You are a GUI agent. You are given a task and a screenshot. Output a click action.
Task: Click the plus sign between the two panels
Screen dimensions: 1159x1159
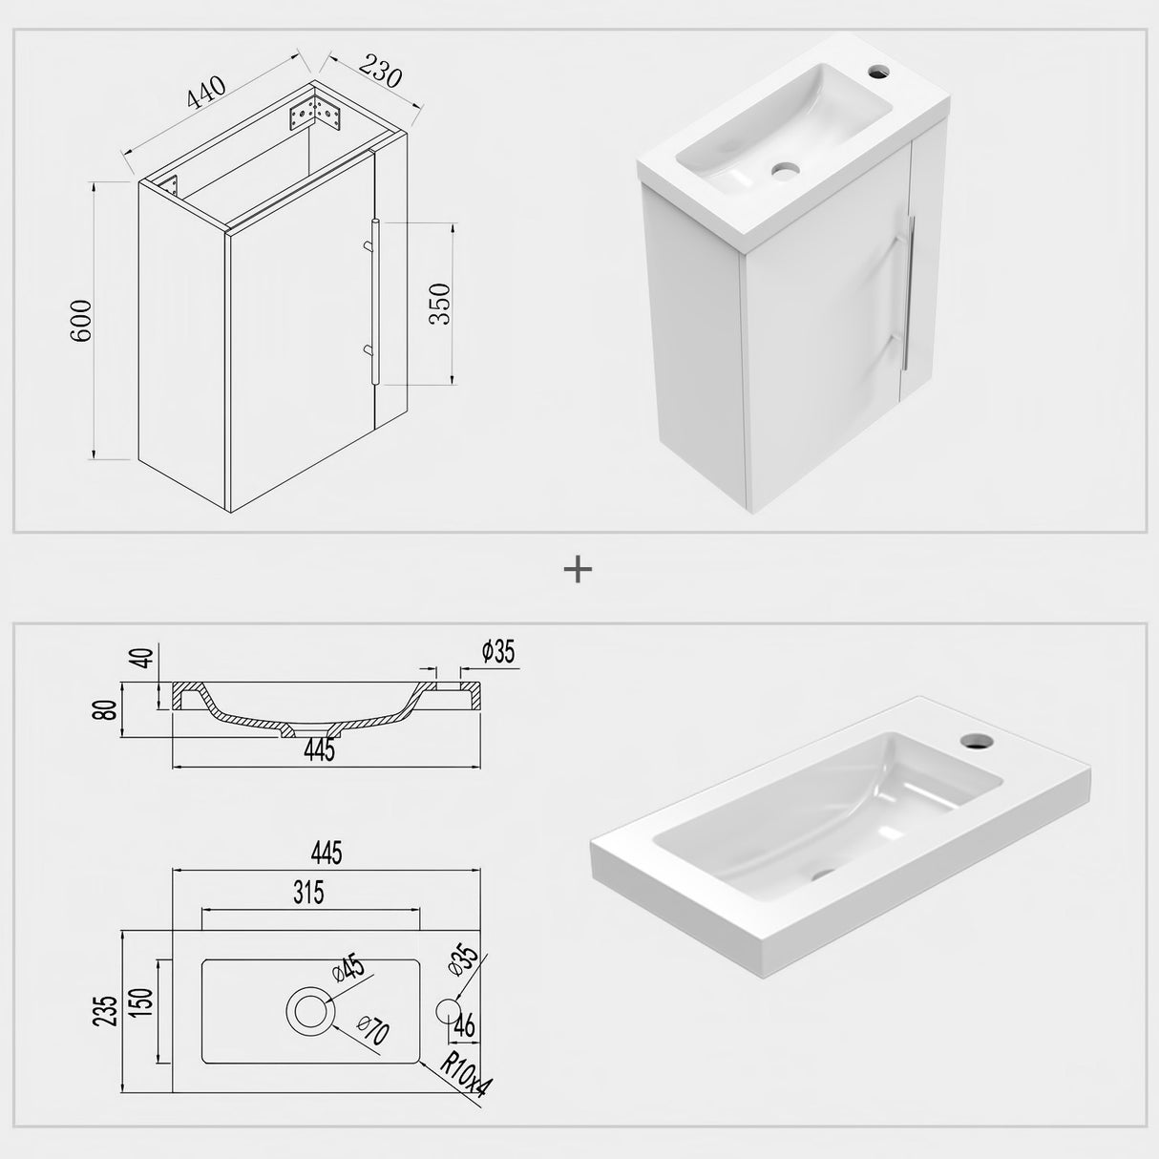[x=579, y=570]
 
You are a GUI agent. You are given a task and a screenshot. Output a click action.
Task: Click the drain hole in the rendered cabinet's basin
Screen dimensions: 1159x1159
[x=786, y=172]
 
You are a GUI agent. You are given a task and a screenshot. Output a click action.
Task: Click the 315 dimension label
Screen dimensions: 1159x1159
[x=309, y=893]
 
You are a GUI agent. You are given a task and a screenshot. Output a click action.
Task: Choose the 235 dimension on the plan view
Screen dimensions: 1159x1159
[x=106, y=1008]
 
